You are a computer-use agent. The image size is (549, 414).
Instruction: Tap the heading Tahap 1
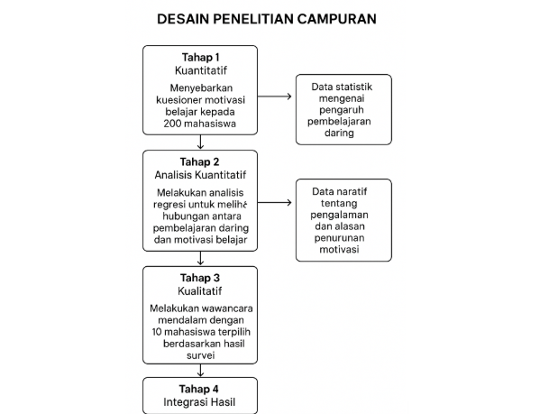(x=199, y=57)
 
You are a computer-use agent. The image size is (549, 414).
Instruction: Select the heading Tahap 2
(x=199, y=162)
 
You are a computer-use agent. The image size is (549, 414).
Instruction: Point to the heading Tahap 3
(x=199, y=277)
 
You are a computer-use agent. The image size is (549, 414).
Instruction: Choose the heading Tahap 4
(x=199, y=389)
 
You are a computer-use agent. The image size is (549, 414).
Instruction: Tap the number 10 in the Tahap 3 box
(x=159, y=333)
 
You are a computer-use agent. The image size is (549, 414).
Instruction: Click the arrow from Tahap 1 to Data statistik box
(x=275, y=96)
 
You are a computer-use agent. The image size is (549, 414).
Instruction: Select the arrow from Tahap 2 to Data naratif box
(x=275, y=203)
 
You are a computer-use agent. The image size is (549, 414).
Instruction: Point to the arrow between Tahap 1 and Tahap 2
(x=199, y=142)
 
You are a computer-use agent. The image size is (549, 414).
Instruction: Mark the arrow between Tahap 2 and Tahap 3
(x=199, y=257)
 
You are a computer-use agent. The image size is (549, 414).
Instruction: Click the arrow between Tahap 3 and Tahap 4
(x=199, y=369)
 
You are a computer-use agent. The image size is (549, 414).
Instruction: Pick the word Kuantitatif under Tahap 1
(x=199, y=70)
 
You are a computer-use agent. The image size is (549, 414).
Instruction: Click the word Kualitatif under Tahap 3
(x=199, y=290)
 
